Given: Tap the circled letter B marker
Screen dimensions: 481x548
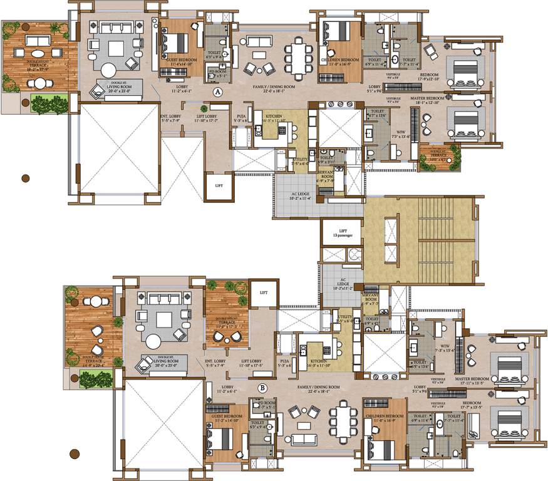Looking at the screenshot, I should click(262, 388).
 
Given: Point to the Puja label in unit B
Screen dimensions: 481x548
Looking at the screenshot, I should click(284, 363).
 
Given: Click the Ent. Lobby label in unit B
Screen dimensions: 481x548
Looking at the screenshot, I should click(215, 364).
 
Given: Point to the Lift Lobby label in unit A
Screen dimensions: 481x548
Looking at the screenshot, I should click(207, 117).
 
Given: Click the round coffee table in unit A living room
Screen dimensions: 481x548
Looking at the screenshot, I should click(108, 69).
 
